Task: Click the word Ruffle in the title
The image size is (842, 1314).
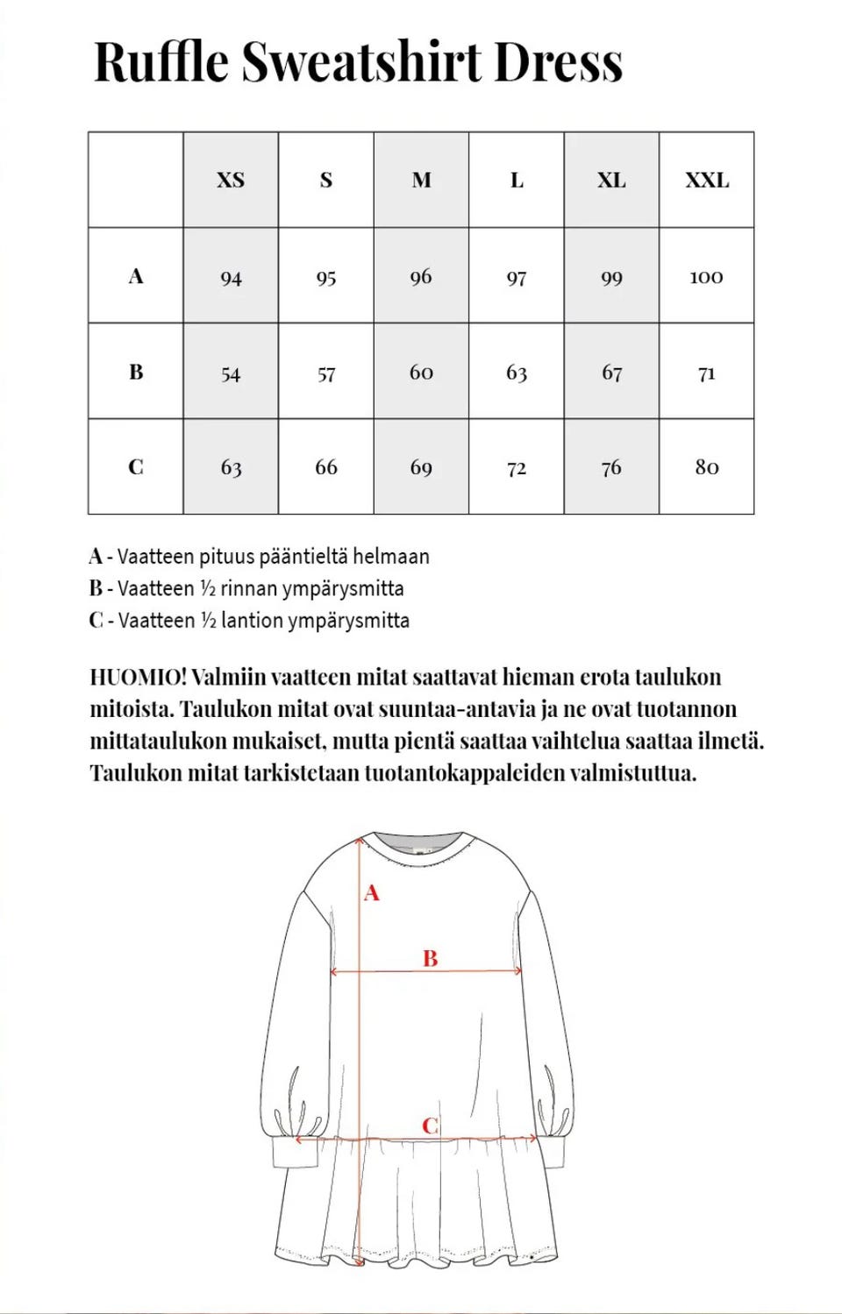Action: point(161,62)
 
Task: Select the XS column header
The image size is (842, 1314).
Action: point(231,180)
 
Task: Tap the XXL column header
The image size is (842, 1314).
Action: point(707,180)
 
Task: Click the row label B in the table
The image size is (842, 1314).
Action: point(136,372)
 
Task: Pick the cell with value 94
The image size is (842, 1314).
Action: point(231,278)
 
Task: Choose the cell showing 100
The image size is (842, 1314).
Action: point(706,278)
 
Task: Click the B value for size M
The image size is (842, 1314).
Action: point(421,373)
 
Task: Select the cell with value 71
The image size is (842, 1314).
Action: point(707,373)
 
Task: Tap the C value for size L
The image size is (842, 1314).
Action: point(517,468)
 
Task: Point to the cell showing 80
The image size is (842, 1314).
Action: point(707,467)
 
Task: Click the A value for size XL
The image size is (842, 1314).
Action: point(611,278)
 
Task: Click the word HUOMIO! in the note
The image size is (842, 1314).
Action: point(138,677)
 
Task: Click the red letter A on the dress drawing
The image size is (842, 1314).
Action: point(372,893)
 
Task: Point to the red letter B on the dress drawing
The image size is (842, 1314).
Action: point(430,958)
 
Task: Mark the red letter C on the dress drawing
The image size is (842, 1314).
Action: point(430,1126)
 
